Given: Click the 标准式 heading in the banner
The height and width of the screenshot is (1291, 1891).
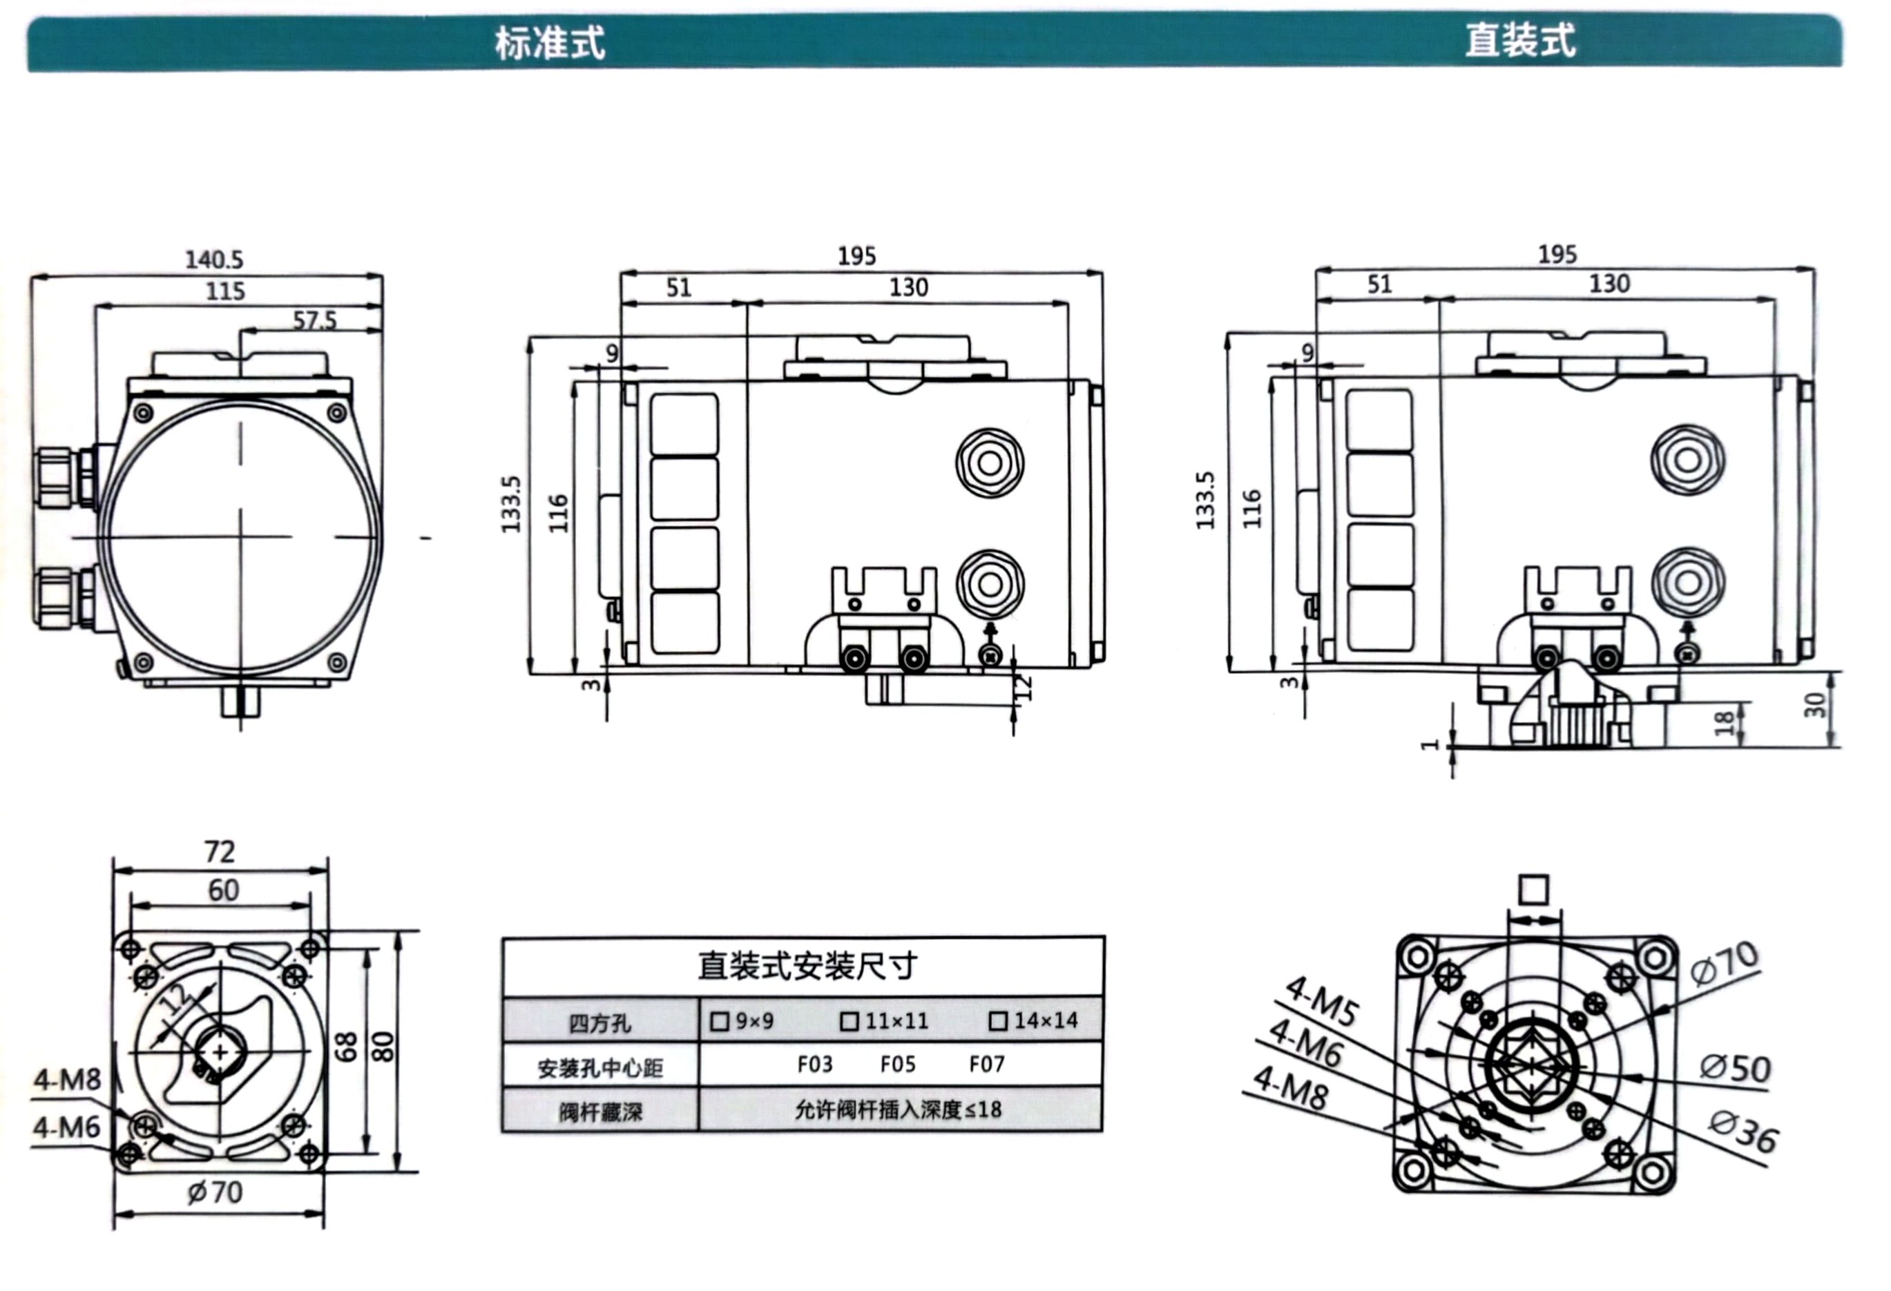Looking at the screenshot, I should (x=550, y=43).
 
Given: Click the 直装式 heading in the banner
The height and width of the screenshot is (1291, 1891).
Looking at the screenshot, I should (x=1520, y=41).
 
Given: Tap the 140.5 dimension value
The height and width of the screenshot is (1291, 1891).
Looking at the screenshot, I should (x=214, y=260).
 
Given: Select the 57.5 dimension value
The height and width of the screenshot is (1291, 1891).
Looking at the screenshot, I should (x=314, y=320).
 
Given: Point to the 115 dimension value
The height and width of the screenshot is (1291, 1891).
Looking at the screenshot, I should (x=224, y=291).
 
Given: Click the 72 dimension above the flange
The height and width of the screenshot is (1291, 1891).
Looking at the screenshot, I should (x=220, y=852).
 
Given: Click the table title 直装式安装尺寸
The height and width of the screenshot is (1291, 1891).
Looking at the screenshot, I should (x=807, y=967).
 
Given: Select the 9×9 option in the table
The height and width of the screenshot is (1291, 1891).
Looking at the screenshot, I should (x=743, y=1021).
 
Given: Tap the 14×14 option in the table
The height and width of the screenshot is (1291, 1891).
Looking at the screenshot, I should (x=1034, y=1020).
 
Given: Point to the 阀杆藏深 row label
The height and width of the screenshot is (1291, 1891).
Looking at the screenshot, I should (x=599, y=1112).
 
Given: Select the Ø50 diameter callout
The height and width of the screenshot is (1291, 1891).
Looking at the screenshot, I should (x=1735, y=1068).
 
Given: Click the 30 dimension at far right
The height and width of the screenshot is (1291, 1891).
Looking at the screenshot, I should (x=1814, y=704).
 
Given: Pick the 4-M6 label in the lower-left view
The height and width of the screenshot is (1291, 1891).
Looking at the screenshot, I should (x=67, y=1127).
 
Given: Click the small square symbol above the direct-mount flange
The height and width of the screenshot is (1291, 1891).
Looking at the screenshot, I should (x=1534, y=890).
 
